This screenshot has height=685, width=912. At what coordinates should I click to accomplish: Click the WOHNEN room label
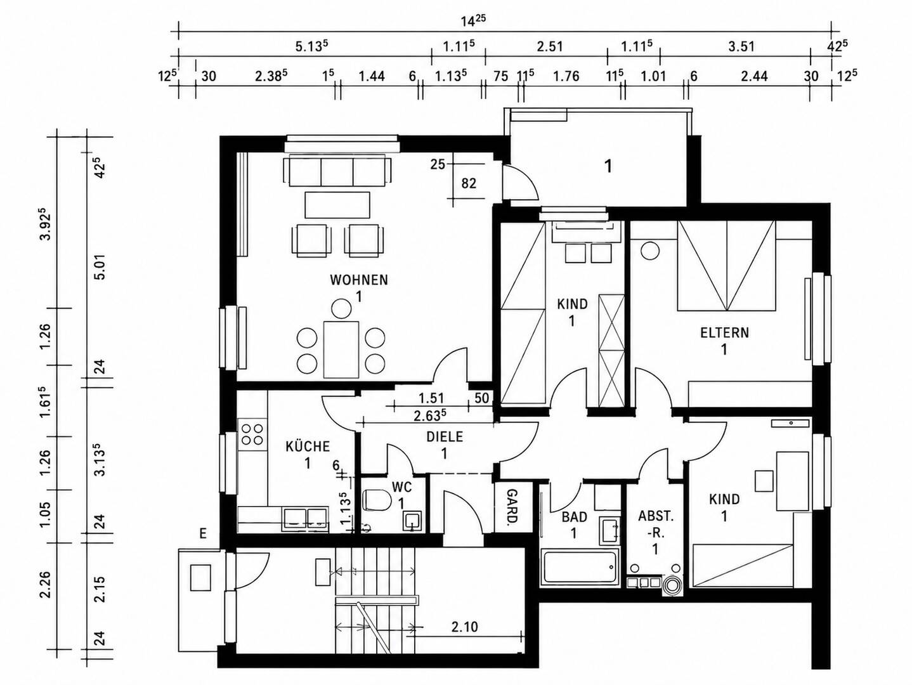359,280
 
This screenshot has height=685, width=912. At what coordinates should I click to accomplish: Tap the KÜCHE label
308,447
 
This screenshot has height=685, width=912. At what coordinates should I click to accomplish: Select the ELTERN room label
725,333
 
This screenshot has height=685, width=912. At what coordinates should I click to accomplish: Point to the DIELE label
445,436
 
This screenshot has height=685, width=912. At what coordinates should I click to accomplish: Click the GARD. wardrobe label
512,506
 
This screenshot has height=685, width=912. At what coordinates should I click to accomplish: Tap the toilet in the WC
377,500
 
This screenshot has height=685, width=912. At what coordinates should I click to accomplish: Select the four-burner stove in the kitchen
252,434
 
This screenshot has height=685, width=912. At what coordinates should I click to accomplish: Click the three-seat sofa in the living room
337,171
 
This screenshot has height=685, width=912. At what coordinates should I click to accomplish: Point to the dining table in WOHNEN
341,349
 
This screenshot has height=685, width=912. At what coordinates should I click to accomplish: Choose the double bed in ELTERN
726,265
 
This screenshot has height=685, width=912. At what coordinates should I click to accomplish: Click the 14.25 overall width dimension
473,21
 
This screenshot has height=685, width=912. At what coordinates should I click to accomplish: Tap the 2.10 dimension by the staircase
464,627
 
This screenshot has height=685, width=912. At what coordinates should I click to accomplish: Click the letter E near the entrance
203,533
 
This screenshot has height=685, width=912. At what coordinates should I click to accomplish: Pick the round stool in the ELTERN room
650,251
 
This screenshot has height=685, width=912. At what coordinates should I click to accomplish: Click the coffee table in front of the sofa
337,205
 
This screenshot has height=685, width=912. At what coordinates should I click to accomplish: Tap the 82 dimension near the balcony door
469,183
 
